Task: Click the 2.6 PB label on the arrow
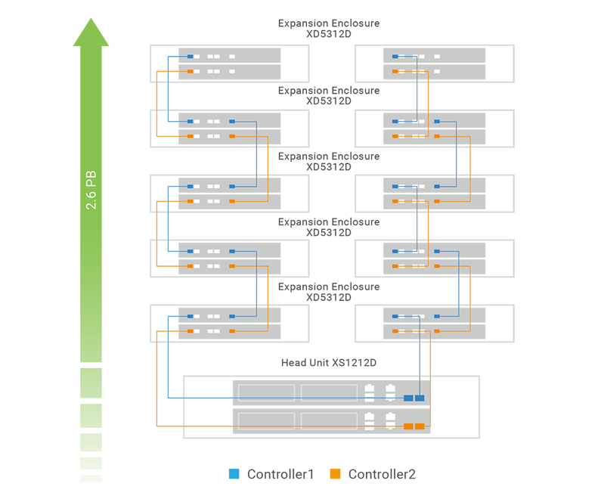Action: pyautogui.click(x=91, y=190)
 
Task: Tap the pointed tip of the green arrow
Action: pyautogui.click(x=91, y=20)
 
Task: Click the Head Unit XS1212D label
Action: pyautogui.click(x=329, y=363)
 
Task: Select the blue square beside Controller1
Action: pyautogui.click(x=234, y=474)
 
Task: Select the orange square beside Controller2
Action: pyautogui.click(x=335, y=474)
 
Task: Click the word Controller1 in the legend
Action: pyautogui.click(x=280, y=474)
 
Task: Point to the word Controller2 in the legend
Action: pyautogui.click(x=382, y=474)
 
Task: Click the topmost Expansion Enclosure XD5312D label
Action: pyautogui.click(x=329, y=29)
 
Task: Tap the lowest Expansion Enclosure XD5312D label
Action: pyautogui.click(x=329, y=292)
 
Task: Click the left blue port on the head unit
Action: pyautogui.click(x=408, y=398)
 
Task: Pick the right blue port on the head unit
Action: pyautogui.click(x=420, y=398)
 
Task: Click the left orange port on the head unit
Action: pyautogui.click(x=408, y=426)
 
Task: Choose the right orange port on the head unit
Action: pyautogui.click(x=420, y=426)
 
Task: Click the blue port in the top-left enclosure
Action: pyautogui.click(x=190, y=57)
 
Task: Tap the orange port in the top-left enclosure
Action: pyautogui.click(x=190, y=72)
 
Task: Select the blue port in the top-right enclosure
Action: pyautogui.click(x=394, y=57)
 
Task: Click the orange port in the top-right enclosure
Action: pyautogui.click(x=394, y=72)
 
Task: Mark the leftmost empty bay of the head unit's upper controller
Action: pyautogui.click(x=266, y=392)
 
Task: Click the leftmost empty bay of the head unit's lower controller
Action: pyautogui.click(x=266, y=420)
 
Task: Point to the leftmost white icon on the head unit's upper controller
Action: pyautogui.click(x=370, y=392)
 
